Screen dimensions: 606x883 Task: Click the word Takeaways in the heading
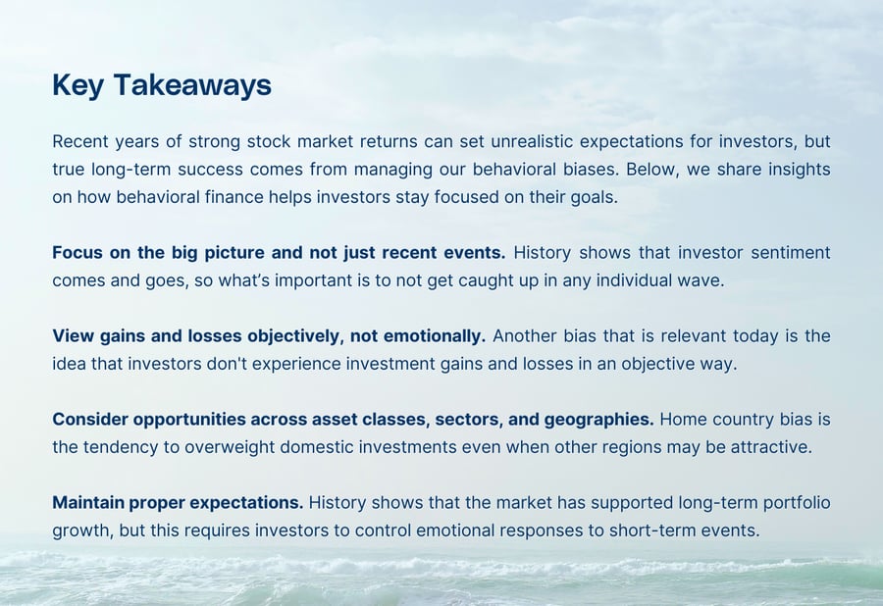click(x=192, y=85)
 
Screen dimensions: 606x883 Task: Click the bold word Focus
click(x=78, y=252)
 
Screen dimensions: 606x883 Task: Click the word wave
click(x=701, y=279)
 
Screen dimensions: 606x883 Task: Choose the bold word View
click(x=73, y=335)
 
